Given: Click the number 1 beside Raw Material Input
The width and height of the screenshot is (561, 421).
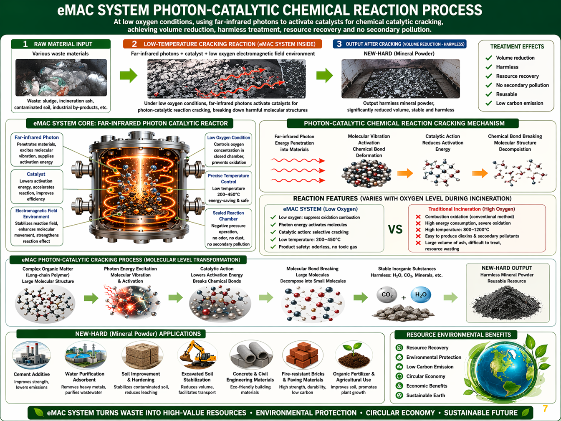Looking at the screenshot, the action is [x=25, y=44].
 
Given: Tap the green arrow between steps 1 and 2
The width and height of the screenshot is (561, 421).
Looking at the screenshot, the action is [x=129, y=75].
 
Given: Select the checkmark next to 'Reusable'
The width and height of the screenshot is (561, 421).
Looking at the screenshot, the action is [x=489, y=94].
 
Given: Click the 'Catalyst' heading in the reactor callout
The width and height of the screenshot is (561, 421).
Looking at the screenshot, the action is [x=36, y=174].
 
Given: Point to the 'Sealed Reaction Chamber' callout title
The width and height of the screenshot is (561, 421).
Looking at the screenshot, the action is [x=228, y=216].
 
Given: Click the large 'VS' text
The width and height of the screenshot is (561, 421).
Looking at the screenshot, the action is [x=395, y=229].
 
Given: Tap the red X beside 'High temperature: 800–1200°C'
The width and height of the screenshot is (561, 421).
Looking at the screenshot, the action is [x=418, y=230].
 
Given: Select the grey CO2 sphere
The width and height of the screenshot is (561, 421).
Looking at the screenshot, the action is [x=387, y=295].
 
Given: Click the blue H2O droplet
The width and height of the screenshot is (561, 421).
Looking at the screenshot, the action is [x=421, y=295].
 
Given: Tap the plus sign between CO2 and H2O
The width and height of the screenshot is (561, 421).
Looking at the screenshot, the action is [x=404, y=298].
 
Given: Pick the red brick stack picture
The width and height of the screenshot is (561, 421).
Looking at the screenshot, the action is [x=303, y=355].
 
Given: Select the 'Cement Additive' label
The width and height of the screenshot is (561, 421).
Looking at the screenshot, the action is [x=32, y=374].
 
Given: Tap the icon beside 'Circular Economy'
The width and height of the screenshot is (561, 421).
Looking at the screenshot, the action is [x=399, y=376].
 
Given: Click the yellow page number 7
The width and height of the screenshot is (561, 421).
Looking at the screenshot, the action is [x=545, y=409].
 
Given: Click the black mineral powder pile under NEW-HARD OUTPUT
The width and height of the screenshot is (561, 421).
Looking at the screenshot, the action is [x=507, y=302].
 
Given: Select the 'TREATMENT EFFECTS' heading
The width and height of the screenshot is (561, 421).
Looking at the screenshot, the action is [x=517, y=46].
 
